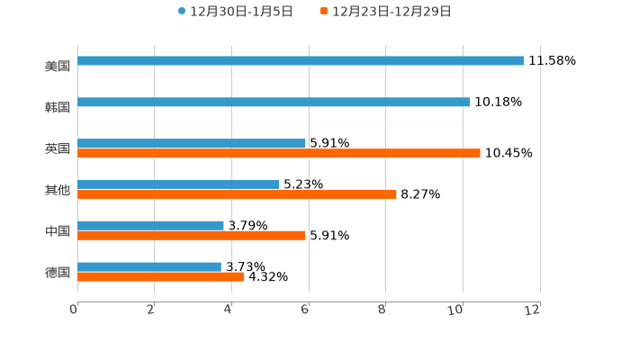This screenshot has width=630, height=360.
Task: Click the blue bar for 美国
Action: [x=301, y=61]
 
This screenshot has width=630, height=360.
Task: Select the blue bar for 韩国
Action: [x=274, y=103]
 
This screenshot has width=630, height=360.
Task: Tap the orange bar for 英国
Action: [x=279, y=154]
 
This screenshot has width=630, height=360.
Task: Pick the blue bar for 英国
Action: [x=192, y=143]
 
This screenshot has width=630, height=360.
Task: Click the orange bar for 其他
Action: [x=237, y=194]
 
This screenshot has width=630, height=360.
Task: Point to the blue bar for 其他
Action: [x=178, y=184]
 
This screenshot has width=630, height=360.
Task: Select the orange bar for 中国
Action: [x=192, y=236]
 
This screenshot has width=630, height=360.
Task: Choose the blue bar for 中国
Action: [x=150, y=225]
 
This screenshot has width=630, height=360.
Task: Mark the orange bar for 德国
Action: [x=161, y=277]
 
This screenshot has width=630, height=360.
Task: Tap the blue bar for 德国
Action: [x=149, y=266]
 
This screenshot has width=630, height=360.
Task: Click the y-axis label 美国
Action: [x=58, y=66]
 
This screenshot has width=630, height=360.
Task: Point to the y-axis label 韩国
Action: [x=58, y=107]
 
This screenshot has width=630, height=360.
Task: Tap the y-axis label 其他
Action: [x=58, y=190]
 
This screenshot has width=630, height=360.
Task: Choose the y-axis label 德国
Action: [x=58, y=272]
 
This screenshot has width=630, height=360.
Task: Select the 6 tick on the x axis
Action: [x=305, y=310]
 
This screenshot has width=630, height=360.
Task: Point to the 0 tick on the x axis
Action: [x=74, y=310]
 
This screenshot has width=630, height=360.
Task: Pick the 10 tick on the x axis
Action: [x=456, y=310]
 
